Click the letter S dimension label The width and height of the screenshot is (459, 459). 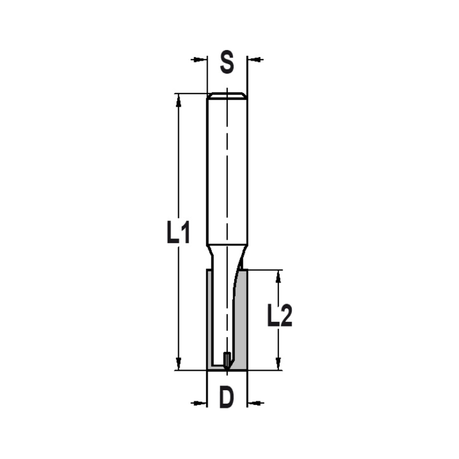tap(227, 63)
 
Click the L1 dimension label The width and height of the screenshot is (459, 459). tap(178, 233)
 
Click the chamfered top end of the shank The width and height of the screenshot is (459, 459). tap(227, 96)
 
